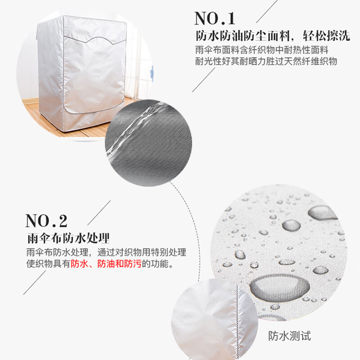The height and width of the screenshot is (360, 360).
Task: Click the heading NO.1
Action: pyautogui.click(x=215, y=18)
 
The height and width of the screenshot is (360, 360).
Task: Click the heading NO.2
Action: pyautogui.click(x=46, y=221)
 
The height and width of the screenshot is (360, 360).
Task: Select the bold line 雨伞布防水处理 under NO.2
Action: pyautogui.click(x=68, y=237)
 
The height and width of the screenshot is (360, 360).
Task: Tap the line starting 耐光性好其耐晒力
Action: pyautogui.click(x=266, y=62)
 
